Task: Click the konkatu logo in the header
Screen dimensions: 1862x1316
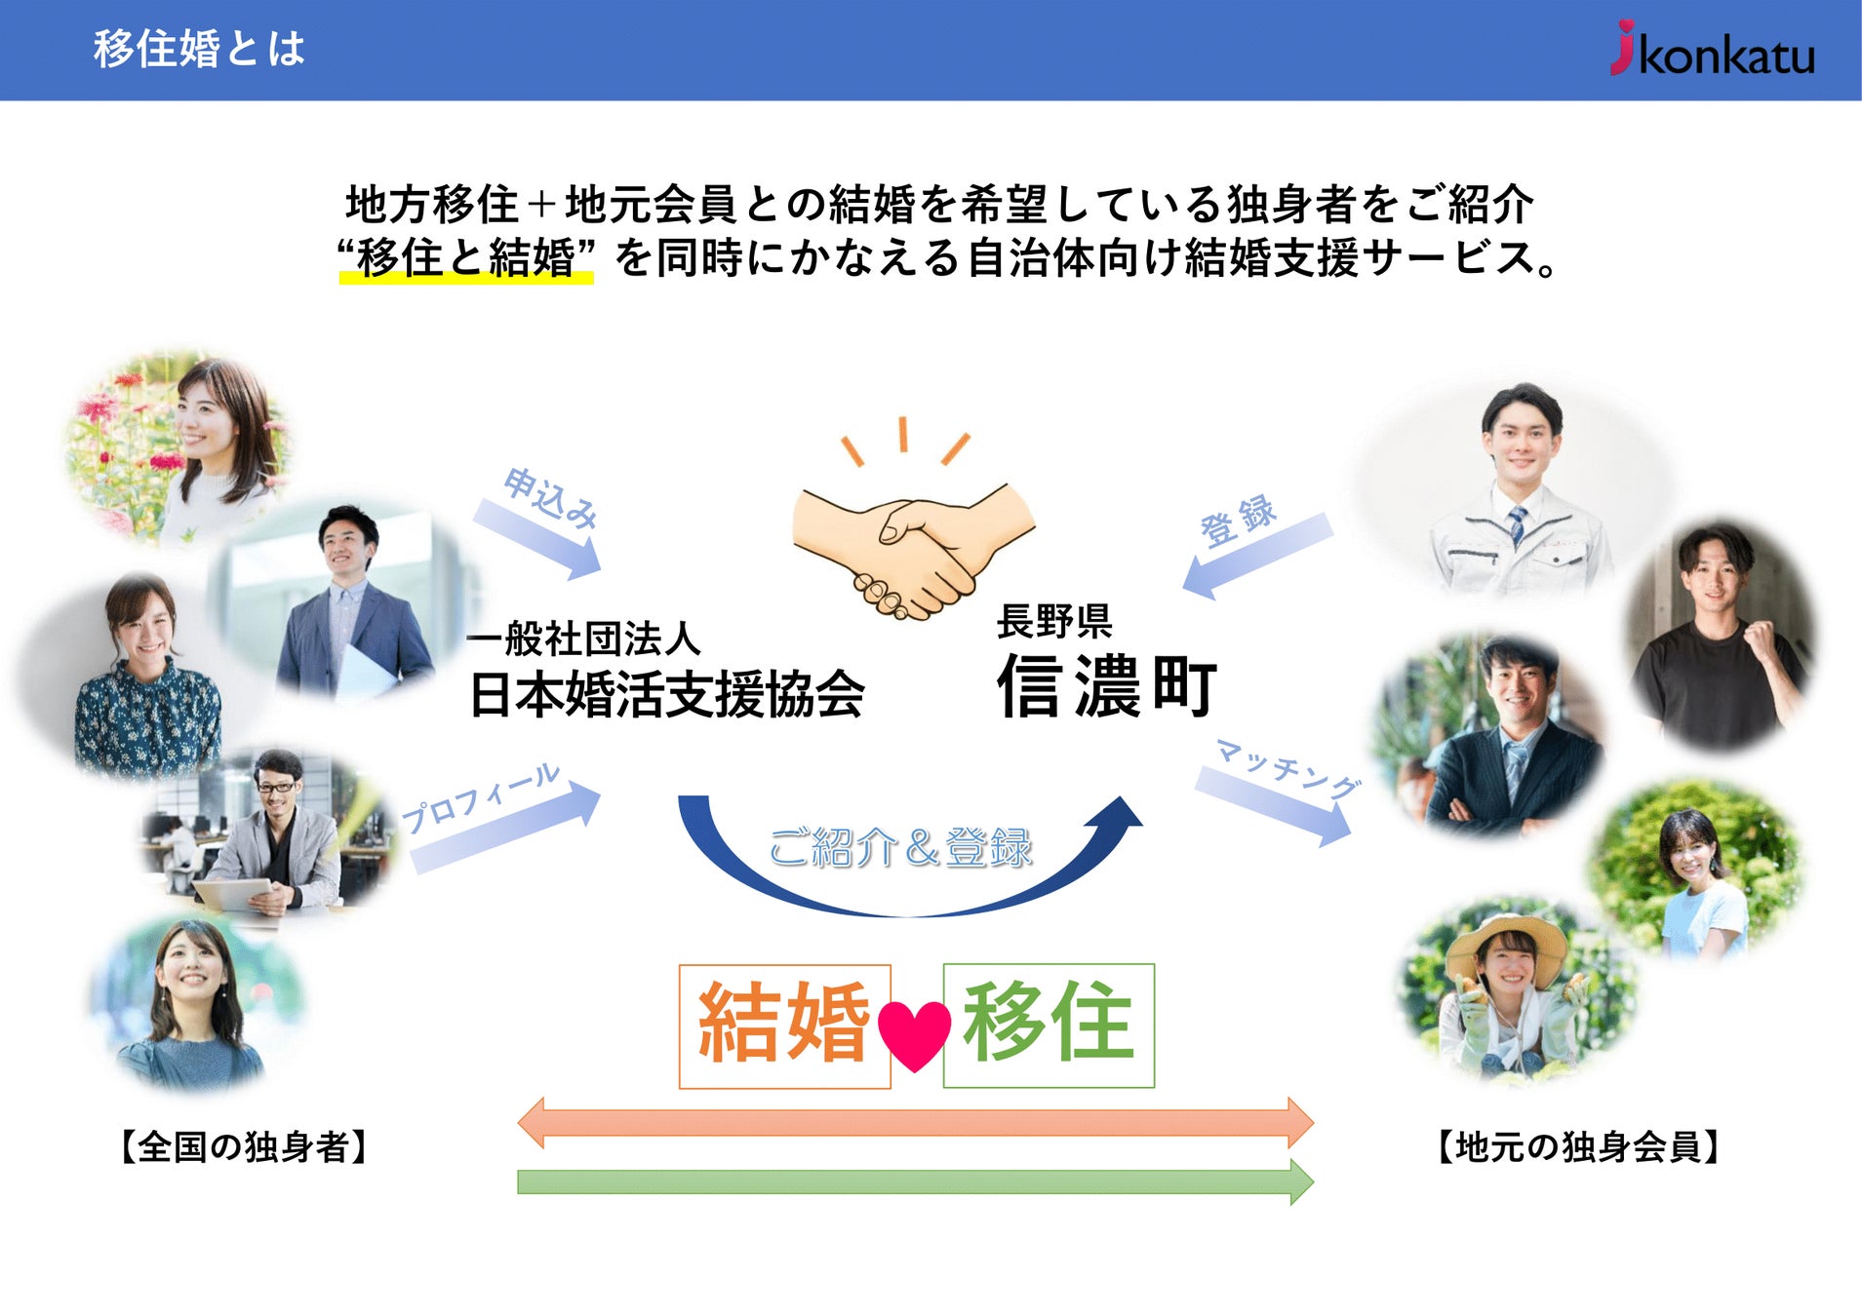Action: click(1713, 51)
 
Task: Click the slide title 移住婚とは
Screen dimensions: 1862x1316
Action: click(199, 49)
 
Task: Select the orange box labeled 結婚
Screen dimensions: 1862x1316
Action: click(784, 1026)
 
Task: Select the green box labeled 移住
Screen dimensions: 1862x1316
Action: click(1049, 1025)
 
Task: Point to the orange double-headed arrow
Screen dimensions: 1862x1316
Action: click(915, 1122)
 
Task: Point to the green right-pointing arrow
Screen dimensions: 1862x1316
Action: click(915, 1181)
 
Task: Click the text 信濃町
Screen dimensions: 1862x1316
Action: click(1107, 686)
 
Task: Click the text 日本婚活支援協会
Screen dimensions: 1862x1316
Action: click(666, 695)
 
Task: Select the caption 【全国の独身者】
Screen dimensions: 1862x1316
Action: click(243, 1146)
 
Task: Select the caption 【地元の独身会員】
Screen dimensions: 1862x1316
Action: click(1577, 1146)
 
